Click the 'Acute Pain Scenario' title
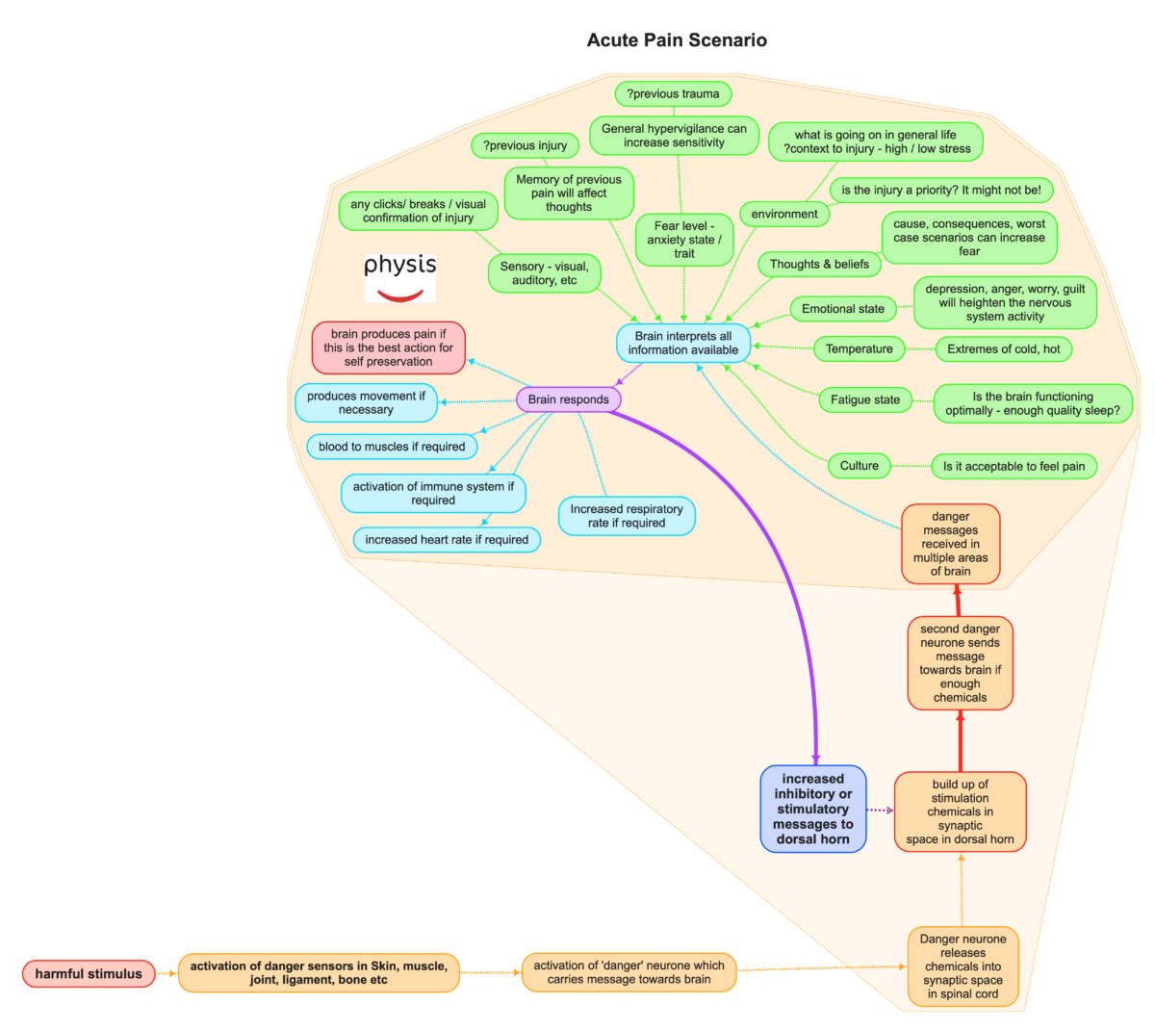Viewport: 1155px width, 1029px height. (677, 40)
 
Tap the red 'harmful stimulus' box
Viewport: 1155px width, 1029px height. (89, 974)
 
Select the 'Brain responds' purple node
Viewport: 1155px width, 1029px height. (568, 399)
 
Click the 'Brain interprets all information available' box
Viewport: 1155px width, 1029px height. (683, 343)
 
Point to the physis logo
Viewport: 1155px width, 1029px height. (399, 277)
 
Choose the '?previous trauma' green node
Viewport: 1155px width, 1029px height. (673, 93)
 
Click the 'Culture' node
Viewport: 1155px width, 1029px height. (859, 466)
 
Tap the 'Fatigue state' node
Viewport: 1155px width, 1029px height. (865, 399)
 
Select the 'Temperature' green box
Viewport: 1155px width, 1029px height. (859, 348)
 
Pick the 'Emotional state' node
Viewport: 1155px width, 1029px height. (842, 309)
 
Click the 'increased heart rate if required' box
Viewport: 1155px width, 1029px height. (447, 540)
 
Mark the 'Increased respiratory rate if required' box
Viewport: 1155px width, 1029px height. (627, 516)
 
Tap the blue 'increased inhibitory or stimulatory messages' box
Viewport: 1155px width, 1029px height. (812, 809)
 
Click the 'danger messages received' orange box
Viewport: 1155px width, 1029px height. (950, 544)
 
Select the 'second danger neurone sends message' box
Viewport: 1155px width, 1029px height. (960, 663)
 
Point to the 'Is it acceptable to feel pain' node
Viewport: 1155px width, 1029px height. (1014, 466)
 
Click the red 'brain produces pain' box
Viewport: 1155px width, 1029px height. (388, 347)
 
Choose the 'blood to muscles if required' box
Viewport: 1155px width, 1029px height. (392, 447)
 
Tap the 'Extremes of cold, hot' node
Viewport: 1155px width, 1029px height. (1003, 349)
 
